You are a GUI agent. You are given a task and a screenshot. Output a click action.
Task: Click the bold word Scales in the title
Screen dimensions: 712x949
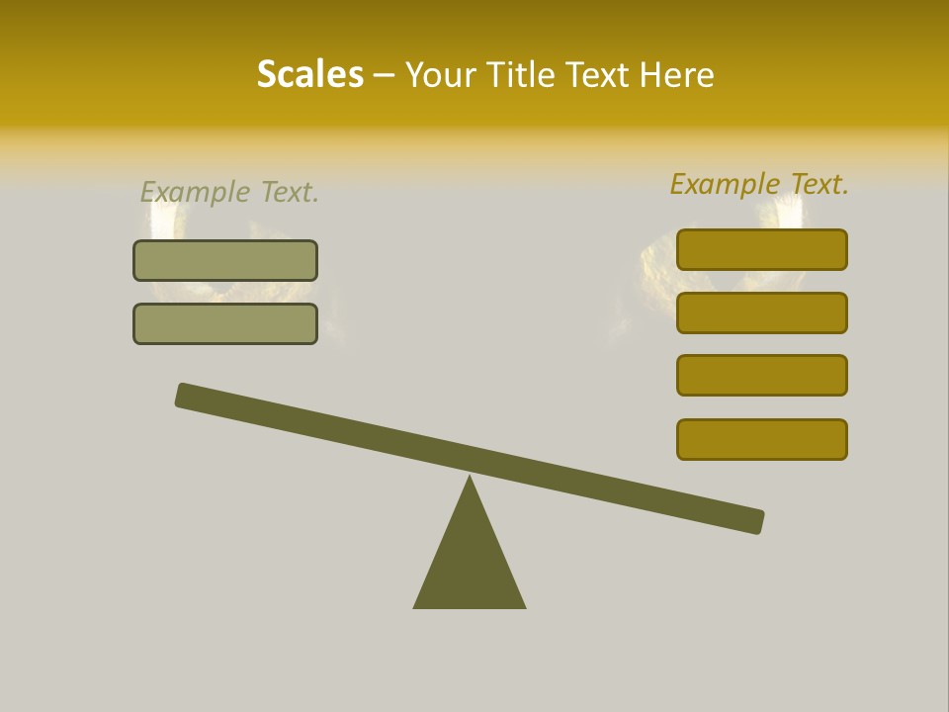309,75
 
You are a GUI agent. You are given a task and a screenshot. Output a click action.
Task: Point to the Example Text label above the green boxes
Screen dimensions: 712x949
229,192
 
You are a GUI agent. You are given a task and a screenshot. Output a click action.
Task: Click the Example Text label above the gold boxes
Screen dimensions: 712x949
759,184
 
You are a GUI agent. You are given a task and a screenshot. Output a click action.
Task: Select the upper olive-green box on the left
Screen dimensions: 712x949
225,260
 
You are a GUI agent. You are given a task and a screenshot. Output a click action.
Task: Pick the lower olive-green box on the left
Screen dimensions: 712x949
225,323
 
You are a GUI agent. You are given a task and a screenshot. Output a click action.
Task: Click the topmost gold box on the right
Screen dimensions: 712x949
762,249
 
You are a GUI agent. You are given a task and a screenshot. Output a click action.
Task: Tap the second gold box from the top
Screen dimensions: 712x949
762,312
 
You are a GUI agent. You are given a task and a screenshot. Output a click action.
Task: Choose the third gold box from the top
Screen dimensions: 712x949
762,375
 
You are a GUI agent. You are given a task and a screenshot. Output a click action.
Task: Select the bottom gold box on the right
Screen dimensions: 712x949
762,439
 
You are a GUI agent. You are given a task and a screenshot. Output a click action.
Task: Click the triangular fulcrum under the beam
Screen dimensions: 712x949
470,564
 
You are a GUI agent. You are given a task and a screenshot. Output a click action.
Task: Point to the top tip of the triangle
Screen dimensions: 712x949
470,480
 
